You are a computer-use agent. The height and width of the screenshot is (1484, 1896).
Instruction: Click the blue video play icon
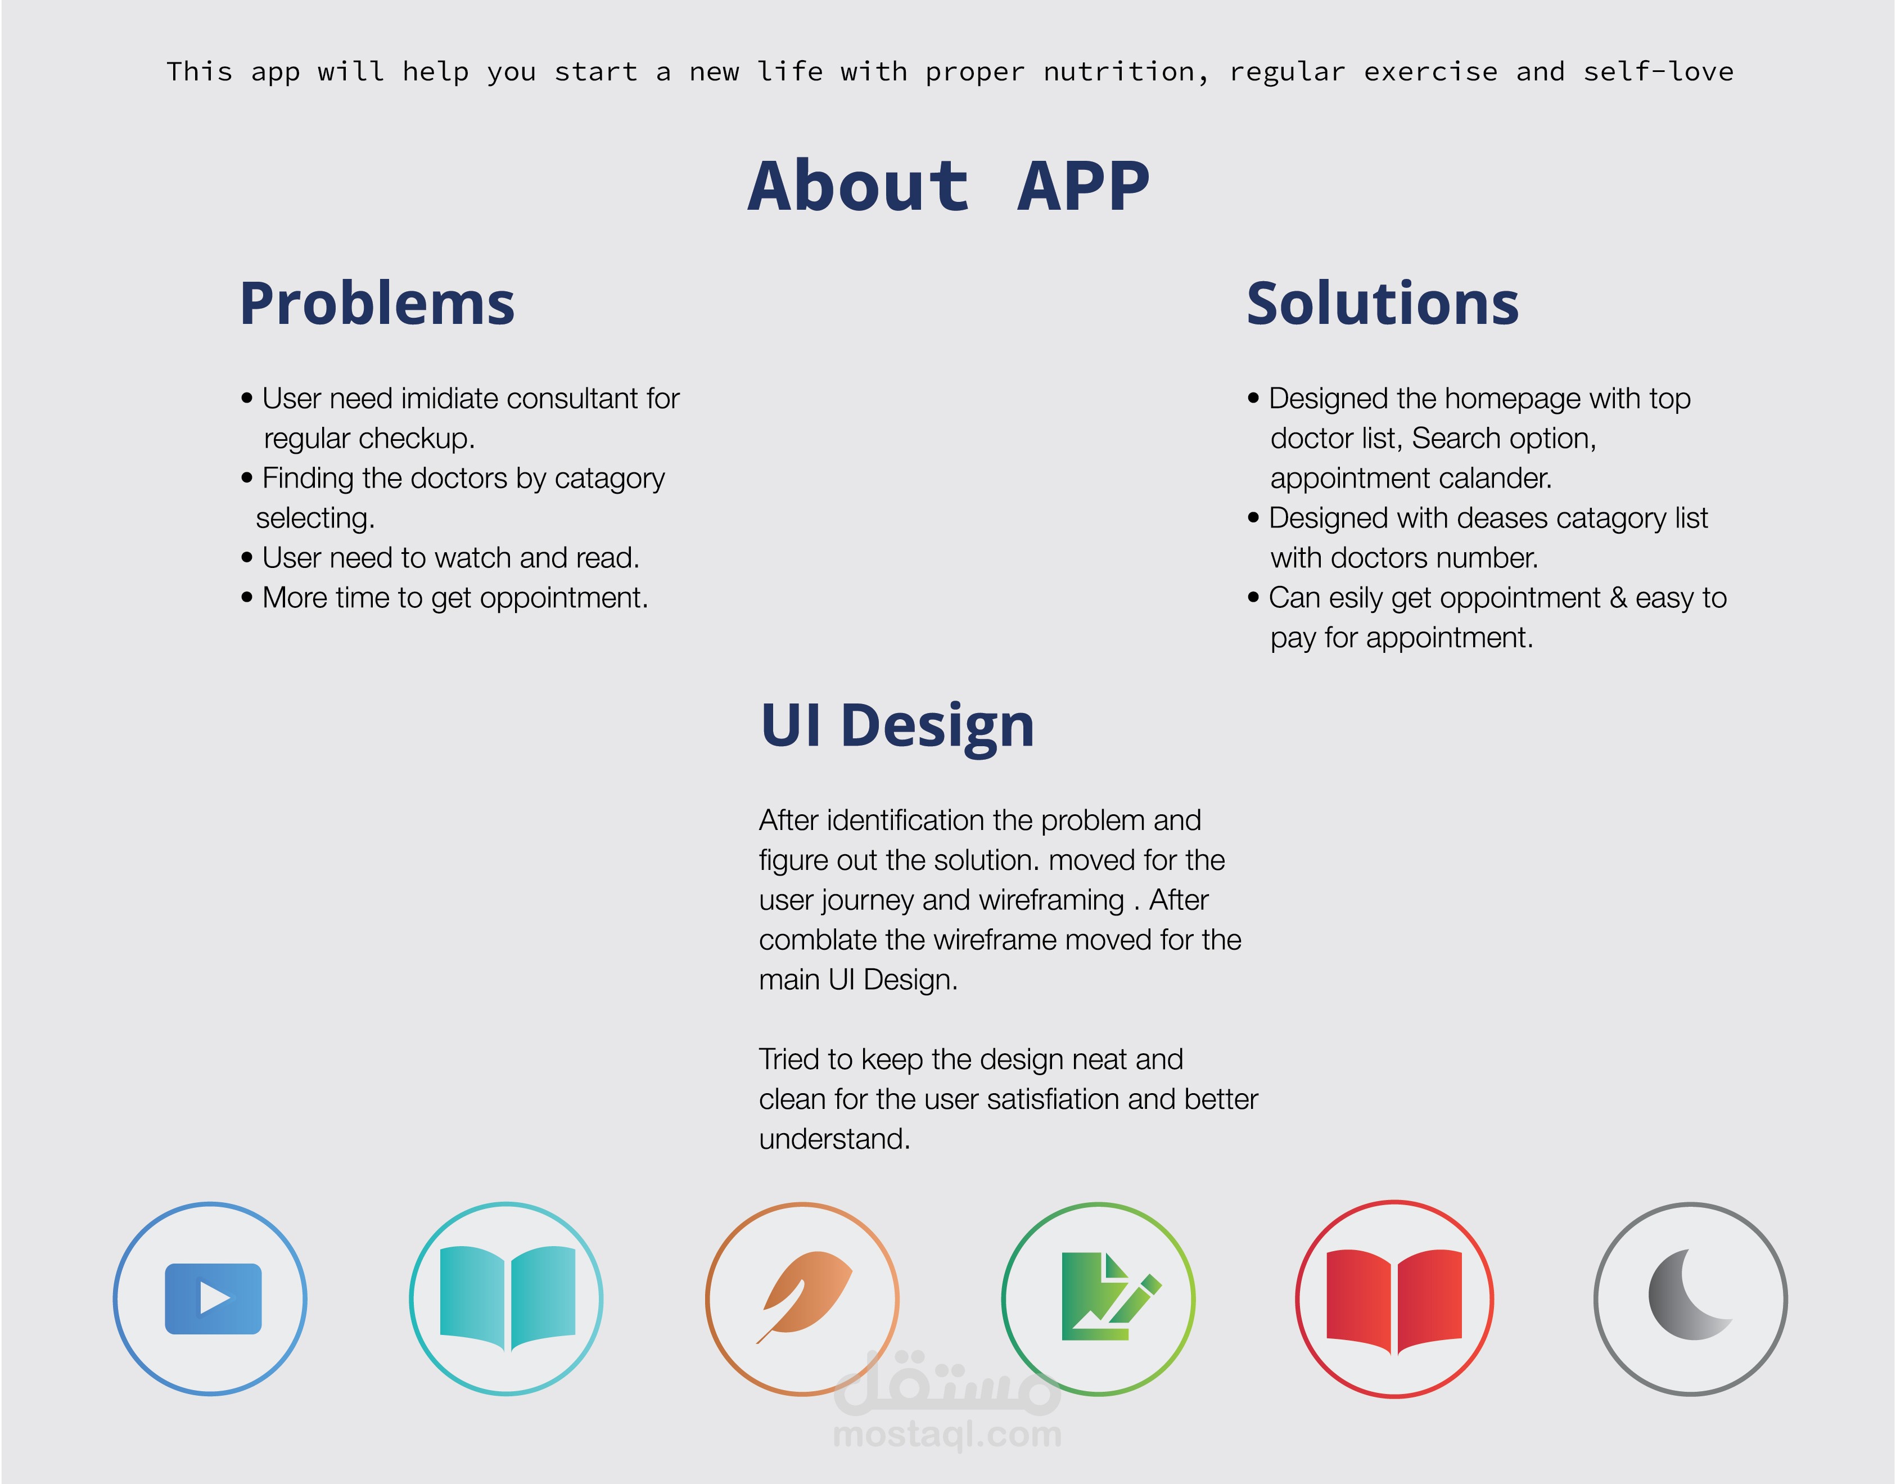213,1298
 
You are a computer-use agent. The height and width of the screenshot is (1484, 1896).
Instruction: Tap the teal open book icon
507,1298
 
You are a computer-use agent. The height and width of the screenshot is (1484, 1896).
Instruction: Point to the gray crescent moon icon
1687,1294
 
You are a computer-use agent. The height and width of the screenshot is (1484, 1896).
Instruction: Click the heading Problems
377,304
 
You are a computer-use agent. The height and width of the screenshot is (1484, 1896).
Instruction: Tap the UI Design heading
897,725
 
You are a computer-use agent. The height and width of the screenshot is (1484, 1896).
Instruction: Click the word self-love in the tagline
1658,71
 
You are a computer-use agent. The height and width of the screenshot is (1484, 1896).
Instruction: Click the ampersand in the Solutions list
1618,598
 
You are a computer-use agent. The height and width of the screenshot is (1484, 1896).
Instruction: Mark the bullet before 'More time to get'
247,598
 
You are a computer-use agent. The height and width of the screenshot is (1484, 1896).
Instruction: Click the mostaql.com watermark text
947,1435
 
